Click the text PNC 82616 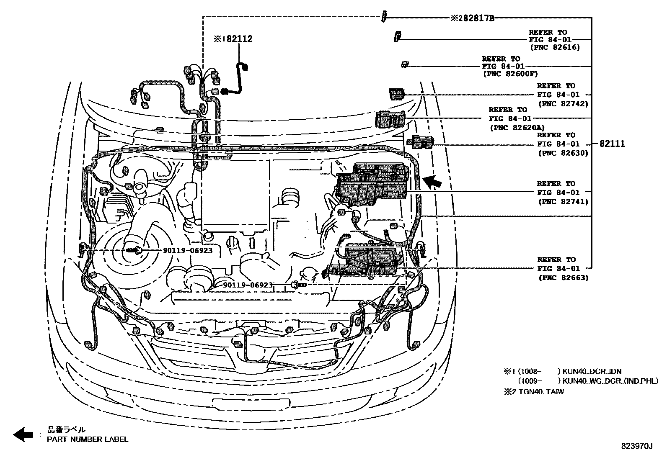pos(555,48)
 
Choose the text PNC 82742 pos(563,104)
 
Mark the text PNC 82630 pos(563,153)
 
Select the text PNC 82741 pos(563,202)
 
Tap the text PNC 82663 pos(563,278)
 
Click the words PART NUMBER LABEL pos(88,439)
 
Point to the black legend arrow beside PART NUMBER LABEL pos(23,434)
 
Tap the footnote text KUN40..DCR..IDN pos(592,371)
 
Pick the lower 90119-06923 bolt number pos(248,285)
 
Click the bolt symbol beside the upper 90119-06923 pos(135,250)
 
